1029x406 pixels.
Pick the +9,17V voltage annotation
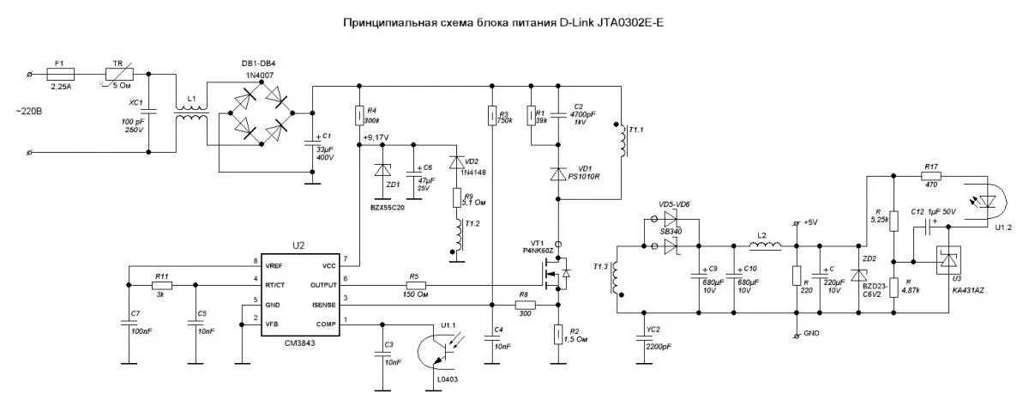(x=376, y=137)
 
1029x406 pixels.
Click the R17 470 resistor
(x=932, y=176)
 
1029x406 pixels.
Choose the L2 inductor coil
(x=766, y=248)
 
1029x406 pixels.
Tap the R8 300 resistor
(x=524, y=305)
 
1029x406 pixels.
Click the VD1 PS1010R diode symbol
(x=558, y=173)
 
